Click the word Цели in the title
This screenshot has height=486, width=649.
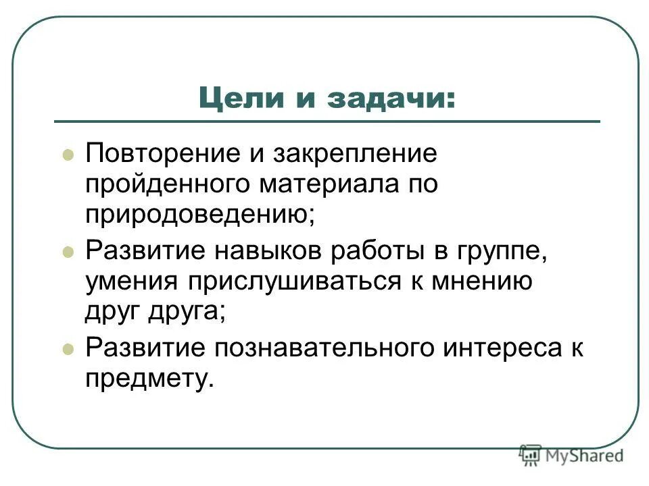237,99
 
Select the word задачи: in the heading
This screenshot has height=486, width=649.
391,99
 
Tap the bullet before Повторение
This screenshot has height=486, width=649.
67,155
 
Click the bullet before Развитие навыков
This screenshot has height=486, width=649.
67,252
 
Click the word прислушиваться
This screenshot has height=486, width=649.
312,281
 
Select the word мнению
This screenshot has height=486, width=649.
480,281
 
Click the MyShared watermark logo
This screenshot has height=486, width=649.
571,456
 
